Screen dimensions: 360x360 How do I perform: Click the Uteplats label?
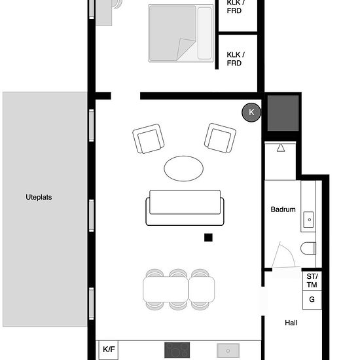tap(39, 197)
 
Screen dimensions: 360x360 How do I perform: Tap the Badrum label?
tap(283, 209)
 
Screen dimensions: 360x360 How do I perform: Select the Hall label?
tap(291, 323)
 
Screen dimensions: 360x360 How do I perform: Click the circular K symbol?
tap(251, 113)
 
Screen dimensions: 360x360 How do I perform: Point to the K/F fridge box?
tap(109, 350)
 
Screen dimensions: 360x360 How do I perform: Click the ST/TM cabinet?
tap(312, 281)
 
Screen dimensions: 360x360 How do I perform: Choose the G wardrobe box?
tap(312, 300)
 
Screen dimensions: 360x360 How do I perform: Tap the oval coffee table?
tap(183, 168)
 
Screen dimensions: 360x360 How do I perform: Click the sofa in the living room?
tap(185, 207)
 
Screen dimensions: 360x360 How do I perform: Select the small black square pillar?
tap(208, 238)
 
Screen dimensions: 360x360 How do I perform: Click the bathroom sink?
tap(308, 220)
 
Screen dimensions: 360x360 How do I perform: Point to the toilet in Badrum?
tap(308, 248)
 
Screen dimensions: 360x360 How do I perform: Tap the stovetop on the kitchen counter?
tap(177, 350)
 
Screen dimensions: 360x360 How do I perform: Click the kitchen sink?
tap(228, 351)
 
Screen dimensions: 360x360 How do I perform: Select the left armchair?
tap(149, 139)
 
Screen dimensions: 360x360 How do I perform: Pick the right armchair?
tap(220, 138)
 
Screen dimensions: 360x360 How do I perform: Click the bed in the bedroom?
tap(181, 33)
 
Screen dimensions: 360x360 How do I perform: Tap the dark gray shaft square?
tap(283, 113)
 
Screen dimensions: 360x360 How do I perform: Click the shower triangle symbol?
tap(281, 148)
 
